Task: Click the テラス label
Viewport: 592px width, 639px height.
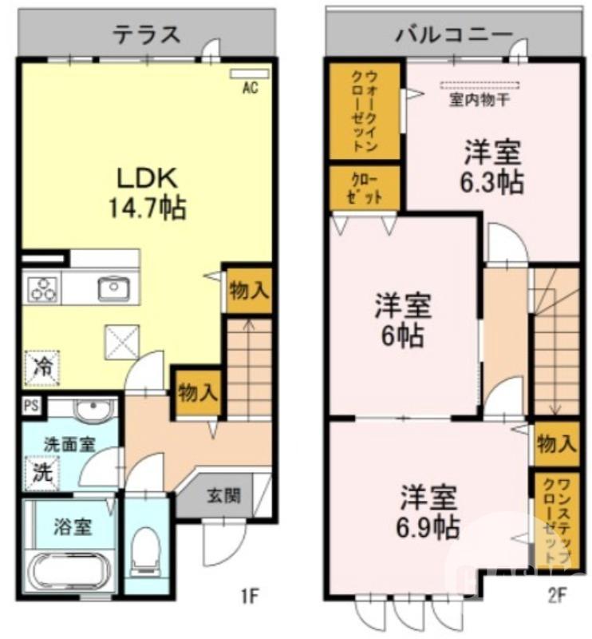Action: coord(146,34)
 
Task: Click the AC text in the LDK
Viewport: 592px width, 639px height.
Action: coord(251,89)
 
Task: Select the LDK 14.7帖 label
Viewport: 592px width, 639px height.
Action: coord(147,193)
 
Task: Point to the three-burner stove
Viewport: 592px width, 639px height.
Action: coord(42,288)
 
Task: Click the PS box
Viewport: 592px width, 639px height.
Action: coord(31,405)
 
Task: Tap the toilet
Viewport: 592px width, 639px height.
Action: coord(146,550)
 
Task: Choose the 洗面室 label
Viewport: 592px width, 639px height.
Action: coord(69,443)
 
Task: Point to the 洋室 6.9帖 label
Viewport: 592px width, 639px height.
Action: coord(428,511)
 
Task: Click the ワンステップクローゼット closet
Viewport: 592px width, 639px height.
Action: coord(555,520)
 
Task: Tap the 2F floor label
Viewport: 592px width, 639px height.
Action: coord(557,595)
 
